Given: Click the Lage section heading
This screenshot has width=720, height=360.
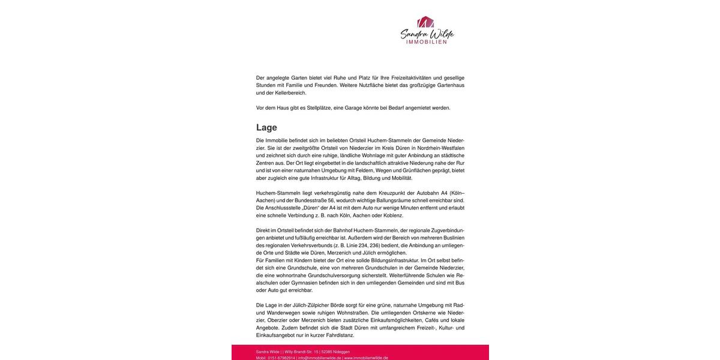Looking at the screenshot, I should click(266, 128).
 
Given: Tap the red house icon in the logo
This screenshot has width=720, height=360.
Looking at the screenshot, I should click(425, 22).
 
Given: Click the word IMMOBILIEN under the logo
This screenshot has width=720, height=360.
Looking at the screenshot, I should click(427, 42).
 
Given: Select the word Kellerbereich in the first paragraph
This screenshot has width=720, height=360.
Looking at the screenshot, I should click(290, 93).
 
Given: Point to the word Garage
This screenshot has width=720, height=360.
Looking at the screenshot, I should click(353, 108).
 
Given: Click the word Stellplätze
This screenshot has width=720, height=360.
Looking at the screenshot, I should click(319, 108).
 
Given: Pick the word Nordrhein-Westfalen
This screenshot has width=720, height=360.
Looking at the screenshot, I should click(441, 148).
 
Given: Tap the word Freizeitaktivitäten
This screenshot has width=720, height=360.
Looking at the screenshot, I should click(411, 78).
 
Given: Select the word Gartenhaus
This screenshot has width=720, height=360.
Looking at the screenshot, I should click(451, 85).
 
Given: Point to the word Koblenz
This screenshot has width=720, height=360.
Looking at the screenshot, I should click(393, 215).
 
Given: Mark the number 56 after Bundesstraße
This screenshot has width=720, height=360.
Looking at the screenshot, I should click(331, 200).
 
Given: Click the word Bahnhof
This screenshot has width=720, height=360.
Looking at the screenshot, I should click(343, 230).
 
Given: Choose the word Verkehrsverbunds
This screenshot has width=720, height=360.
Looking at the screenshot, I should click(311, 245).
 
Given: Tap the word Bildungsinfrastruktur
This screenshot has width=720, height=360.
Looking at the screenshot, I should click(395, 260).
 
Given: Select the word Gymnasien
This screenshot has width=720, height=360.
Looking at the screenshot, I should click(304, 283).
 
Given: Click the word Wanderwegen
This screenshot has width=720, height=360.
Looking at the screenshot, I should click(283, 313).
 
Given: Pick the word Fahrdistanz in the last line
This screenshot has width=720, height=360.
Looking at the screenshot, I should click(340, 335).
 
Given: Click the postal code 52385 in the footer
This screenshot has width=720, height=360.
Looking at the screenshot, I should click(327, 352).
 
